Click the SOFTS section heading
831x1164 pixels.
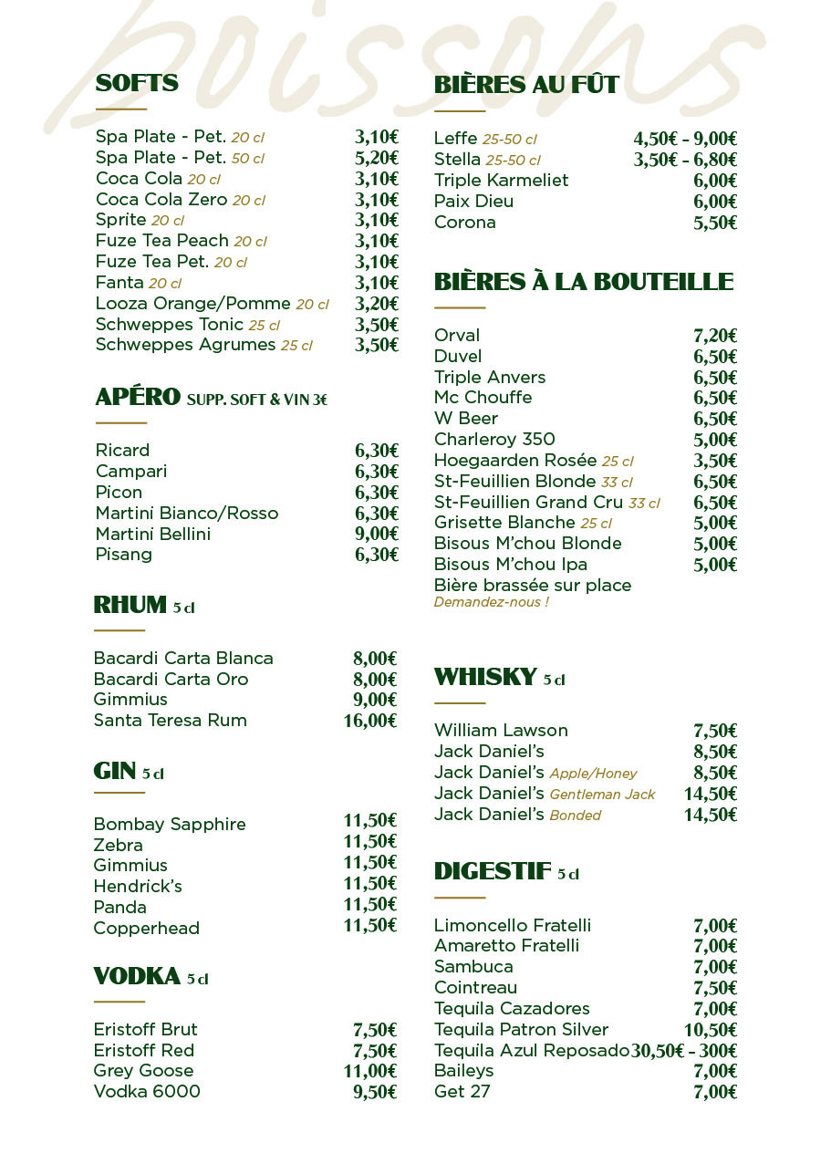pyautogui.click(x=137, y=84)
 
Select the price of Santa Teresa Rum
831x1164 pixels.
pyautogui.click(x=369, y=722)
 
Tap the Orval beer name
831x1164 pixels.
pyautogui.click(x=457, y=336)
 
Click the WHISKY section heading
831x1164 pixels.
pyautogui.click(x=485, y=677)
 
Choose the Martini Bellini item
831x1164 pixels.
pyautogui.click(x=153, y=534)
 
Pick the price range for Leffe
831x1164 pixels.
pyautogui.click(x=685, y=139)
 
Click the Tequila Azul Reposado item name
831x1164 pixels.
pyautogui.click(x=532, y=1050)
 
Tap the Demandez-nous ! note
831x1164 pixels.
pyautogui.click(x=491, y=602)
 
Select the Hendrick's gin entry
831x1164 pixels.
pyautogui.click(x=138, y=887)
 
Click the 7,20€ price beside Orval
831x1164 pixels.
pyautogui.click(x=715, y=337)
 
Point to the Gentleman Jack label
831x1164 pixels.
pyautogui.click(x=602, y=795)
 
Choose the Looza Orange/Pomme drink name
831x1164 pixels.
pyautogui.click(x=193, y=304)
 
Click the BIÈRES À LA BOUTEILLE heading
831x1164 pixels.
pyautogui.click(x=584, y=282)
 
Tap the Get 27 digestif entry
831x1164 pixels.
pyautogui.click(x=462, y=1092)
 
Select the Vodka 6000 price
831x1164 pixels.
pyautogui.click(x=375, y=1093)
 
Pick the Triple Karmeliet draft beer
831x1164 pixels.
pyautogui.click(x=501, y=181)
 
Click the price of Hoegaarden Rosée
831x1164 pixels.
pyautogui.click(x=715, y=462)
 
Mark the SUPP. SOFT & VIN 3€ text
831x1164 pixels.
pyautogui.click(x=257, y=400)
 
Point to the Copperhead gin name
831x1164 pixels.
pyautogui.click(x=146, y=929)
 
